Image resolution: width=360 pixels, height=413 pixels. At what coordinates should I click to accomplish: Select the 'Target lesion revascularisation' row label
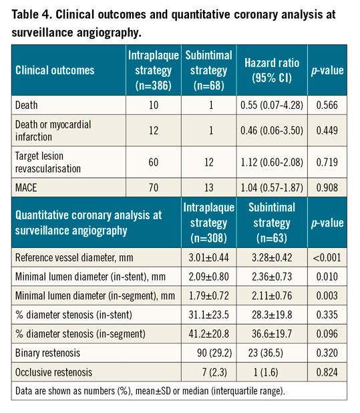(47, 164)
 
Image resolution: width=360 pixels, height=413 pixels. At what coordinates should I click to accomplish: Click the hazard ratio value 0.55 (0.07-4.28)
(275, 105)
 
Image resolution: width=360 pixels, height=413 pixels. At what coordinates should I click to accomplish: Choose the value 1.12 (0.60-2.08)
(275, 164)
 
